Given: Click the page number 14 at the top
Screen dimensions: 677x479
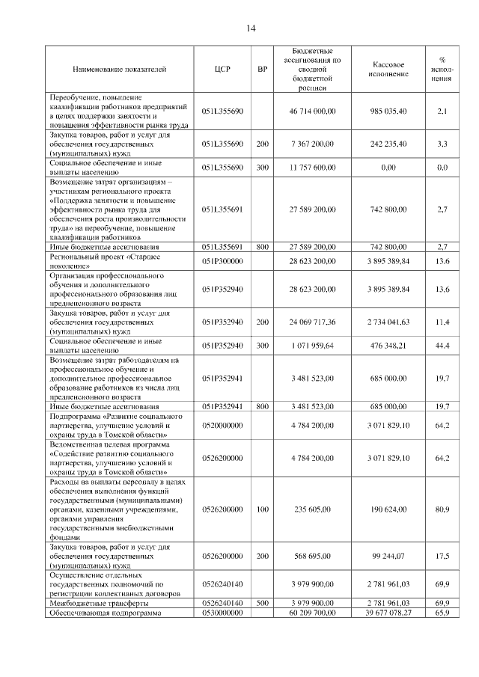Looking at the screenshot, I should click(251, 28).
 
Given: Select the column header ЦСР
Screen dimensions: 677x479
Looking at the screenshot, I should click(222, 70).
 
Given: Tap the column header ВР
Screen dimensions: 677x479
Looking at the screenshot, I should click(262, 70).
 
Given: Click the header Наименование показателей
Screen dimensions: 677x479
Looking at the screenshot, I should click(120, 70).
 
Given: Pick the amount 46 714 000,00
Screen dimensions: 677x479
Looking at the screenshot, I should click(312, 111).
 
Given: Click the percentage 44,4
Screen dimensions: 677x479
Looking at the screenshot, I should click(442, 346).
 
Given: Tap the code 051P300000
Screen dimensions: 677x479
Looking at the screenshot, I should click(222, 260).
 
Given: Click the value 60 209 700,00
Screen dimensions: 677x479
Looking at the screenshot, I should click(312, 613).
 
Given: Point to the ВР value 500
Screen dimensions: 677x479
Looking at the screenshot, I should click(262, 603).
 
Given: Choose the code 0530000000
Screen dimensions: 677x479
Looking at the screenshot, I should click(222, 613).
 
